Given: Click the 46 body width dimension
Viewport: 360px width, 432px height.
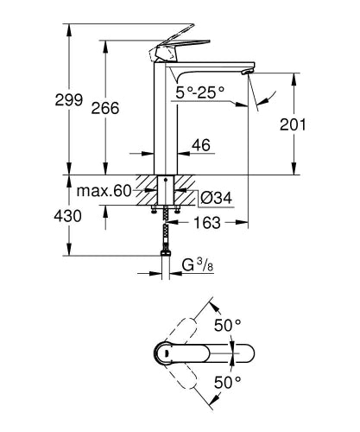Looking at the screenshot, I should tap(200, 147).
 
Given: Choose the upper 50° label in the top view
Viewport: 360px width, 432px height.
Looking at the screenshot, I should tap(226, 327).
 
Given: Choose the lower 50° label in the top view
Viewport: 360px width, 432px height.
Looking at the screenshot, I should tap(226, 380).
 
